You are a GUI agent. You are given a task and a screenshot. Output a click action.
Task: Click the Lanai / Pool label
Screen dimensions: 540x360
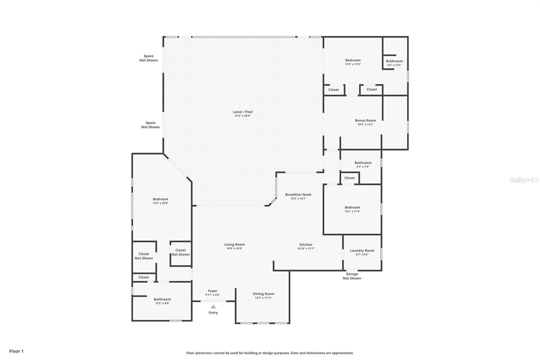(243, 112)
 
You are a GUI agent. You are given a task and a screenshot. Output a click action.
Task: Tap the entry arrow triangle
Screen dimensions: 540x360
(213, 307)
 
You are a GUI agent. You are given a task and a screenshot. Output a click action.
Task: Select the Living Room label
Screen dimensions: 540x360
(234, 245)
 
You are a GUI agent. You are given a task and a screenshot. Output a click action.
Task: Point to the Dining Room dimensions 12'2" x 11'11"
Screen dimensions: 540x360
(264, 298)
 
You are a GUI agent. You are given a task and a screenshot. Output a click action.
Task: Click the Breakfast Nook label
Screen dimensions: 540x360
(298, 195)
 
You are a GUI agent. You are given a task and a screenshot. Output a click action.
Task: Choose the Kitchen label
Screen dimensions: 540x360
(306, 245)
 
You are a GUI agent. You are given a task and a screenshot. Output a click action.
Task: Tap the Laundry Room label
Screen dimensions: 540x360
(362, 251)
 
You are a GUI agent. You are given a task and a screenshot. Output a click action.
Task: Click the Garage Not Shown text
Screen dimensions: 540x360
(352, 276)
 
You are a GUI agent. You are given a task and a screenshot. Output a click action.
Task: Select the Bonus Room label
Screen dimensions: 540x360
(365, 121)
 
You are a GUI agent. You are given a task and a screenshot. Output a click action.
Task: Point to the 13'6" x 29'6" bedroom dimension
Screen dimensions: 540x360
(160, 203)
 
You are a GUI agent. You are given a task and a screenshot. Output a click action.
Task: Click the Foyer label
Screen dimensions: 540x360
(212, 291)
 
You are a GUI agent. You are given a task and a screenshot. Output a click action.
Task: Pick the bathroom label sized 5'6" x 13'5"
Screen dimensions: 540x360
(394, 61)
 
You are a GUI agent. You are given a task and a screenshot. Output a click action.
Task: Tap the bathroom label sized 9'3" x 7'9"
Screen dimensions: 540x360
(363, 163)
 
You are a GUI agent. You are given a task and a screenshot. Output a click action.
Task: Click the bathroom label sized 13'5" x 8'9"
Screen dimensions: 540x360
(162, 299)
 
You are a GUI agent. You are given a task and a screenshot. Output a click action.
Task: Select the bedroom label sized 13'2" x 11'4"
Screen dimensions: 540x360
(352, 207)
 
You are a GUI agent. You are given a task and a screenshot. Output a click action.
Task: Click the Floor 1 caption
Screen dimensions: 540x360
(16, 351)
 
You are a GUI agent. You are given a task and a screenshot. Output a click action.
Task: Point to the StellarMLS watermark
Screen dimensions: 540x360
(524, 180)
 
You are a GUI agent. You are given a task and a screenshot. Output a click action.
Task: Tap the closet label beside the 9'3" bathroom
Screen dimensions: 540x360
(349, 178)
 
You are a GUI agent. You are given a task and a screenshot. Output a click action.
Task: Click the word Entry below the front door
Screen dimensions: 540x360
(213, 312)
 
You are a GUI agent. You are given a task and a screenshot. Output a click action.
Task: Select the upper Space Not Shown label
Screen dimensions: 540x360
(148, 58)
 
